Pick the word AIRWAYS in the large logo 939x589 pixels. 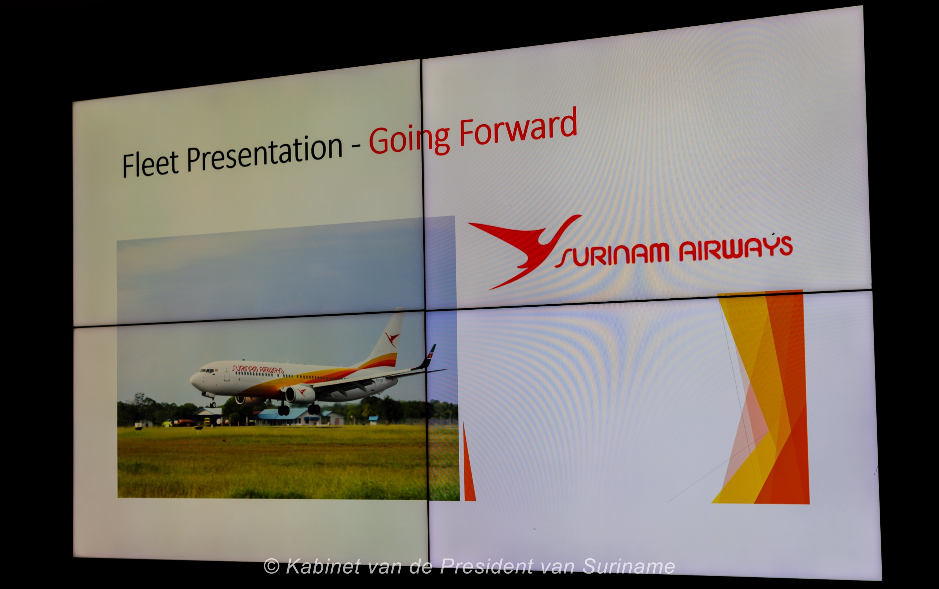(735, 248)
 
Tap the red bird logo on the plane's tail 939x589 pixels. (392, 339)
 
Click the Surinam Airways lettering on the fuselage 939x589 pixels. (257, 369)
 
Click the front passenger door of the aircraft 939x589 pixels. (226, 375)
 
